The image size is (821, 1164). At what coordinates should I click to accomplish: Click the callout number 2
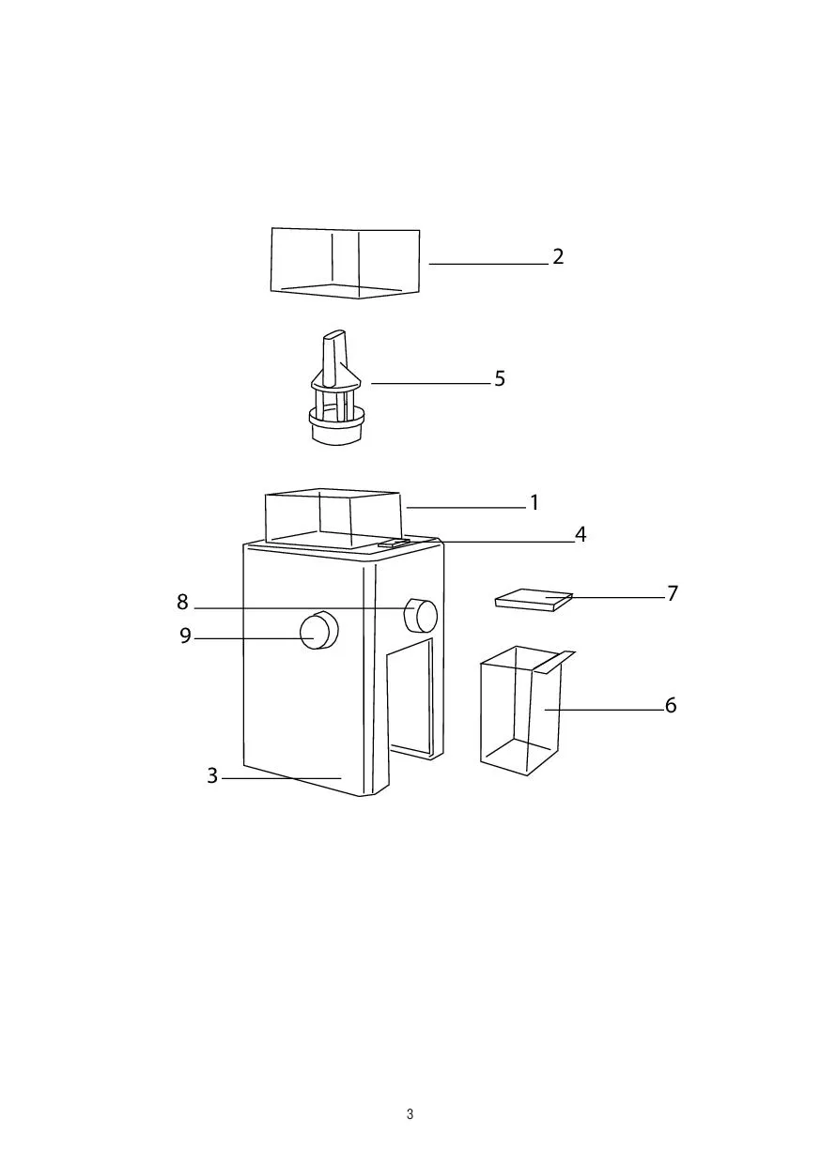557,256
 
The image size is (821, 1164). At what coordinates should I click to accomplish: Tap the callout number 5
499,379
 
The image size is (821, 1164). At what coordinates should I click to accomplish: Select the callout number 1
534,502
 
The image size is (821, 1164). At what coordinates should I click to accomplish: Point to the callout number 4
581,534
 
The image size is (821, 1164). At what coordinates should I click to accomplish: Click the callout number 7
673,593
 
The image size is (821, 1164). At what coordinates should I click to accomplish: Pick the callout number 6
671,705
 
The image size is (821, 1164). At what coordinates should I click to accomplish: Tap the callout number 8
182,602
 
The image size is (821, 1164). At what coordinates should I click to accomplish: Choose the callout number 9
186,636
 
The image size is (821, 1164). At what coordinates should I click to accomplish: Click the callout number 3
212,775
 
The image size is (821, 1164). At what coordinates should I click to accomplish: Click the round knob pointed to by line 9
318,630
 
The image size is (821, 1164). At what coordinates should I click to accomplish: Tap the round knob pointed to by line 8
421,615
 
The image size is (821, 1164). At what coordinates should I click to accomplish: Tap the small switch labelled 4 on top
394,544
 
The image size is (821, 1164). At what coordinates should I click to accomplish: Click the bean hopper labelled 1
333,519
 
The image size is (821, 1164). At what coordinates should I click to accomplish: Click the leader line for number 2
488,264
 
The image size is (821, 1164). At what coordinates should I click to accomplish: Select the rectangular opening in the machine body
411,697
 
